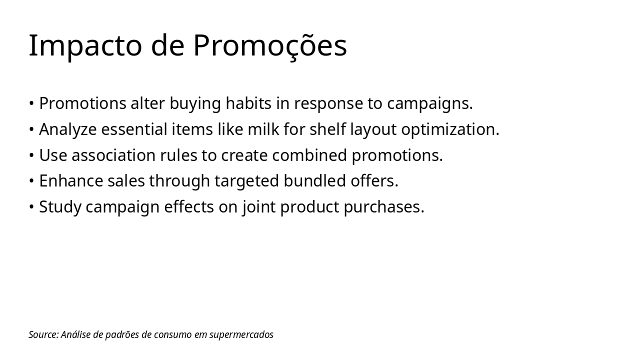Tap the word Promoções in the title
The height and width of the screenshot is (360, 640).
pyautogui.click(x=270, y=45)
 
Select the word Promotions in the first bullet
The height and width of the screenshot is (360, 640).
pyautogui.click(x=82, y=103)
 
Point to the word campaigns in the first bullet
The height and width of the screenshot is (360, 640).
pyautogui.click(x=429, y=103)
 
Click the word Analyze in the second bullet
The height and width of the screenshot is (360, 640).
pyautogui.click(x=68, y=129)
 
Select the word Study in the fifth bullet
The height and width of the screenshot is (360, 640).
pyautogui.click(x=60, y=207)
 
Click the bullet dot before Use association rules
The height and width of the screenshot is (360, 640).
pyautogui.click(x=31, y=156)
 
